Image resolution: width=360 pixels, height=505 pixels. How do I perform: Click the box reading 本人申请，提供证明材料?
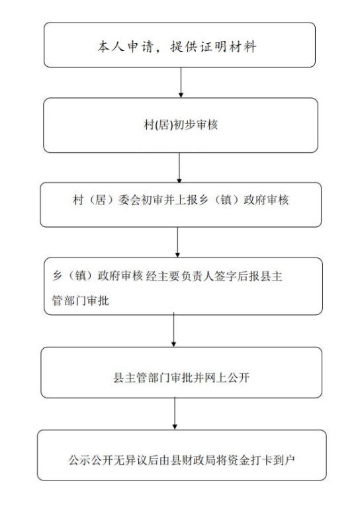pyautogui.click(x=179, y=45)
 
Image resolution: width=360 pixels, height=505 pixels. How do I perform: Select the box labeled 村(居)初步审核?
pyautogui.click(x=181, y=125)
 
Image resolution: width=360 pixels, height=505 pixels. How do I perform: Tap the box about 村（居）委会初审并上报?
pyautogui.click(x=181, y=205)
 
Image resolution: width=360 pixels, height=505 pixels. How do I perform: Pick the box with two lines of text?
pyautogui.click(x=183, y=286)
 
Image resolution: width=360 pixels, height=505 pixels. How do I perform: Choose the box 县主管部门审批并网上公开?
pyautogui.click(x=181, y=373)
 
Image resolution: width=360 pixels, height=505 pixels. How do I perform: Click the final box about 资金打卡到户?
pyautogui.click(x=182, y=455)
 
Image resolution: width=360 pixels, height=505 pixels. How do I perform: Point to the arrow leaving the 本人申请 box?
pyautogui.click(x=181, y=83)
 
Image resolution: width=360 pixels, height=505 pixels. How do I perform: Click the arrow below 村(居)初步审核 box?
pyautogui.click(x=179, y=167)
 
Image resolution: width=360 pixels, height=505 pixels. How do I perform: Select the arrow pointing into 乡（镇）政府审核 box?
pyautogui.click(x=177, y=242)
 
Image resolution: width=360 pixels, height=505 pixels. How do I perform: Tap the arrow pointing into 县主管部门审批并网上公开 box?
pyautogui.click(x=173, y=330)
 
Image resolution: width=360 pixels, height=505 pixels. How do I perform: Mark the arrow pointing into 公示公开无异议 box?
pyautogui.click(x=175, y=414)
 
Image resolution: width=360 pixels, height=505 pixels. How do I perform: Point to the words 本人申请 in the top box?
pyautogui.click(x=125, y=47)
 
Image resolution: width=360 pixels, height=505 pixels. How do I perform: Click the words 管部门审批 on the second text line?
pyautogui.click(x=81, y=300)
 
